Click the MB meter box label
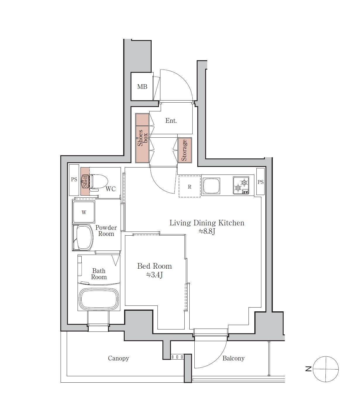point(142,87)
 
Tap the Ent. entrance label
point(171,120)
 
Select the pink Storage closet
point(185,150)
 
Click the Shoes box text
point(142,138)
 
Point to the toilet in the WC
point(98,182)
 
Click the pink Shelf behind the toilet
point(85,181)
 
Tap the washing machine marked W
point(84,212)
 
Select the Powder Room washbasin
point(83,237)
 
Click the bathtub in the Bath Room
point(99,299)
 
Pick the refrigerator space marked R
point(189,187)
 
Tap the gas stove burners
point(241,185)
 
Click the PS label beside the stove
point(260,182)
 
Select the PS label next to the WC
point(74,179)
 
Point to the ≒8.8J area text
point(207,232)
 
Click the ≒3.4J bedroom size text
point(154,275)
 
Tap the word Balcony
point(233,358)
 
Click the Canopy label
point(119,358)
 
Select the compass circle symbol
point(326,369)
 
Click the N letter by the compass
point(308,369)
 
